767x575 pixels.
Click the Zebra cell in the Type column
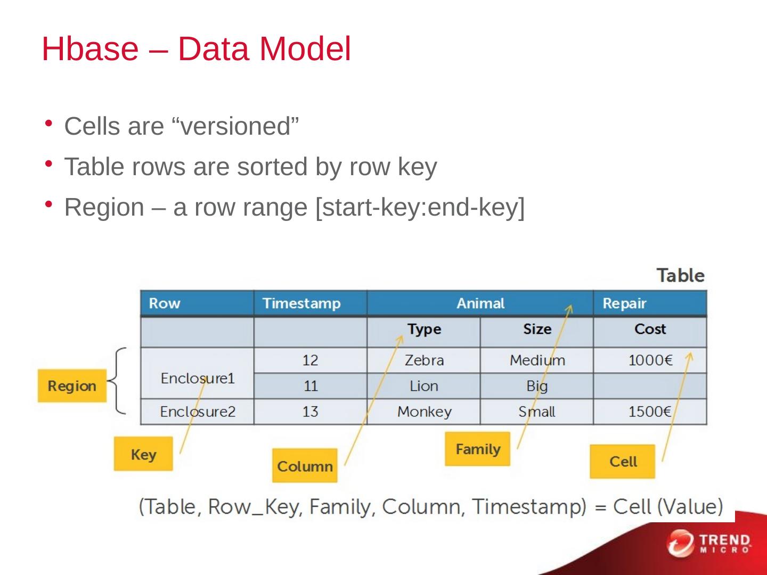pos(424,360)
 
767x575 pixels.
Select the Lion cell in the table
pos(424,386)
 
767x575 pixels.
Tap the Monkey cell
pos(424,412)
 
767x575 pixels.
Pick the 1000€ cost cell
pos(650,360)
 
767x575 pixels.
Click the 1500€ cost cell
pos(649,412)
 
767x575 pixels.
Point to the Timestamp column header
pos(301,303)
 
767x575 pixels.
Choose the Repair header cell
pos(624,303)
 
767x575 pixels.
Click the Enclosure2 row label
pos(198,412)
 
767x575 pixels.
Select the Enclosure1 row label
pos(198,379)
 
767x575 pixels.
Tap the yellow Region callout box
pos(72,386)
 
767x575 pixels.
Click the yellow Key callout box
pos(143,454)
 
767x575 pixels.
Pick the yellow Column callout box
pos(305,466)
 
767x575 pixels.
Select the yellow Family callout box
pos(478,449)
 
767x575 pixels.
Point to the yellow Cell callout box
pos(623,462)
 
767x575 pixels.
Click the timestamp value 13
pos(310,412)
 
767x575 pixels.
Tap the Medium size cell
pos(537,360)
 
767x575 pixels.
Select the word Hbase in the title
pos(89,49)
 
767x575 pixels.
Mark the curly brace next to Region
pos(118,381)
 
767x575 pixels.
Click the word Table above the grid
pos(680,276)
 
